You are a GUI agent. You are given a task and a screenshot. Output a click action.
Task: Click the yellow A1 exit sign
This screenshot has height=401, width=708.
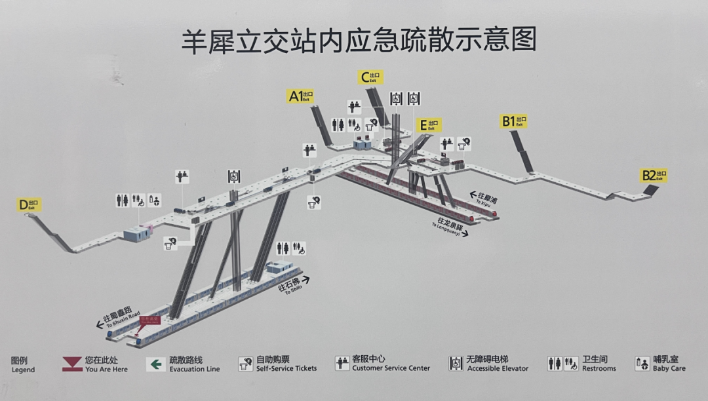pos(301,96)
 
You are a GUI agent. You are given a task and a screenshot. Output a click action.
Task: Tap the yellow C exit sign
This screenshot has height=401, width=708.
pos(371,77)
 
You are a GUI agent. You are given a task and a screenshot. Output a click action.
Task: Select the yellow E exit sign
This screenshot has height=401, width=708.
pos(430,125)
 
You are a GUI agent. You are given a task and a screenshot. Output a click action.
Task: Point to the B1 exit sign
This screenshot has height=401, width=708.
pos(514,121)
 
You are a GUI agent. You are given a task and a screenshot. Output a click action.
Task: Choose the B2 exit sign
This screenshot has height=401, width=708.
pos(654,176)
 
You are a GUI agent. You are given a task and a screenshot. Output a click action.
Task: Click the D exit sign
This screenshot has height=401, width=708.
pos(29,205)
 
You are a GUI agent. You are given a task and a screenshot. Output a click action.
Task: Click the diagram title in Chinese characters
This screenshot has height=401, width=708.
pos(359,41)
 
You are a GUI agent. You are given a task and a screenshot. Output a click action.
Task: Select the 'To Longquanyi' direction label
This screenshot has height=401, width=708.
pos(450,225)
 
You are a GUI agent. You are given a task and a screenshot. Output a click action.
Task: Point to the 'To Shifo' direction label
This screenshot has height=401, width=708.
pos(294,286)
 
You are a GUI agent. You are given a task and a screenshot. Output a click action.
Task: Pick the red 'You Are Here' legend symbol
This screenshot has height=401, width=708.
pos(71,364)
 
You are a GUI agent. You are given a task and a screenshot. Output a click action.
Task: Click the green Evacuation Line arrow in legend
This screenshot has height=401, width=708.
pos(155,364)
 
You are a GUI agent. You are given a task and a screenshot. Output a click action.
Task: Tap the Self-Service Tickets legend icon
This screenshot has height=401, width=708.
pos(246,364)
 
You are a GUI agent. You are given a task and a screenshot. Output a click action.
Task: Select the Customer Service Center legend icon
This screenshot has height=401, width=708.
pos(342,364)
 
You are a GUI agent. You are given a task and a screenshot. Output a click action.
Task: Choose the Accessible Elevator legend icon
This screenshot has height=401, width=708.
pos(456,364)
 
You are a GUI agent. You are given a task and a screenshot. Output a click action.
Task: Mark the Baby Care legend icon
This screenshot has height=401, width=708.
pos(642,364)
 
